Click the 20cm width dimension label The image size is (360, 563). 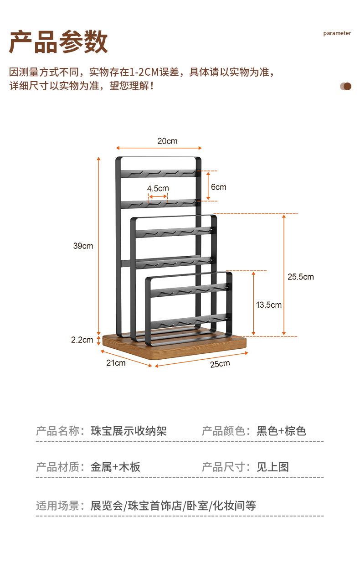(167, 141)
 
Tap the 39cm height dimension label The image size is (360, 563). (83, 246)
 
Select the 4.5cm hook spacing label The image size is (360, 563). (158, 188)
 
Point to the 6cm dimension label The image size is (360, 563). (218, 187)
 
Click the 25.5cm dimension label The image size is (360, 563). (300, 277)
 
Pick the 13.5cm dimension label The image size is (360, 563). (268, 305)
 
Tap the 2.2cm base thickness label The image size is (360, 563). (82, 340)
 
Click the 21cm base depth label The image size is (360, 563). (116, 363)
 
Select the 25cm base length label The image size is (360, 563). (220, 363)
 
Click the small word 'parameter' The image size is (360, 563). (337, 33)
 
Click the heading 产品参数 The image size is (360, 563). (59, 42)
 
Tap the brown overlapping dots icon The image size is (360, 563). (346, 86)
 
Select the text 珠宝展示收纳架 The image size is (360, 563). (129, 431)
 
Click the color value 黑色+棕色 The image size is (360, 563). (281, 431)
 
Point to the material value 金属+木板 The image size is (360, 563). (115, 467)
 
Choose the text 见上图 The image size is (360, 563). (273, 467)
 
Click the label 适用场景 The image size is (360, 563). (57, 506)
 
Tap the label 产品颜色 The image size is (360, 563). (223, 431)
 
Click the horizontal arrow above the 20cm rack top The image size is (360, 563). (159, 148)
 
